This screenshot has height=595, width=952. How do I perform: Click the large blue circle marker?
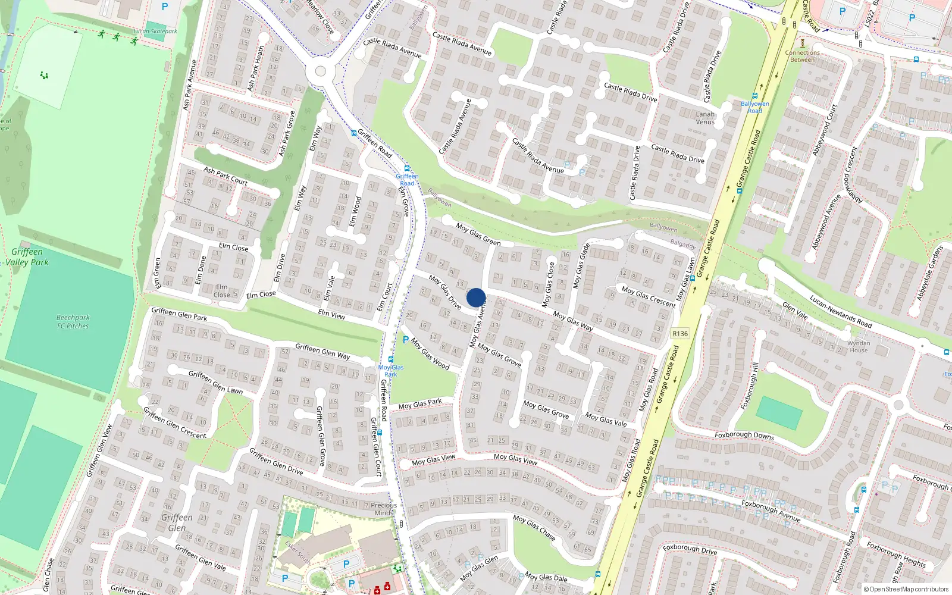(x=476, y=297)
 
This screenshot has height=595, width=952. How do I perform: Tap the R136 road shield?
(x=680, y=333)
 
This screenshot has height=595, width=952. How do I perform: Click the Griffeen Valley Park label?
(x=29, y=257)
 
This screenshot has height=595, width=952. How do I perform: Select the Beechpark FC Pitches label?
(x=73, y=322)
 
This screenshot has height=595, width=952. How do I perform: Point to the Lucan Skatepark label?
(x=155, y=31)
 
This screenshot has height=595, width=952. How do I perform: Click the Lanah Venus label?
(x=705, y=118)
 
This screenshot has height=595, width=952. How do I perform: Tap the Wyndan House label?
(x=859, y=346)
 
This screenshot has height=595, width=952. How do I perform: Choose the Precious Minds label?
(x=384, y=509)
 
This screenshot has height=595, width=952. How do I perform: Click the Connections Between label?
(x=802, y=56)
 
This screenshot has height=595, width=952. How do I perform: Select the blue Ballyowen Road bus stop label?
(x=754, y=107)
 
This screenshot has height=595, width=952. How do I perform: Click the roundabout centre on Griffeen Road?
(x=320, y=72)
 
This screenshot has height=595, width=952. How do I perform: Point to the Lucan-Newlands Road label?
(x=841, y=312)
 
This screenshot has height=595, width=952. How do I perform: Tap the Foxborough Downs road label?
(x=744, y=436)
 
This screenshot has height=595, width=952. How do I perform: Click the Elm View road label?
(x=331, y=314)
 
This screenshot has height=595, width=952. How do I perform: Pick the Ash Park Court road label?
(x=226, y=176)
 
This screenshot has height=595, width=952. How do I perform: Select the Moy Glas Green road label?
(x=478, y=234)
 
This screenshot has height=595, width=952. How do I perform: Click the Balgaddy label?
(x=682, y=244)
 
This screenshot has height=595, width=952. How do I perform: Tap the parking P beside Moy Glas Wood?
(x=406, y=340)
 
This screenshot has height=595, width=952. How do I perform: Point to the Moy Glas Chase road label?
(x=534, y=528)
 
